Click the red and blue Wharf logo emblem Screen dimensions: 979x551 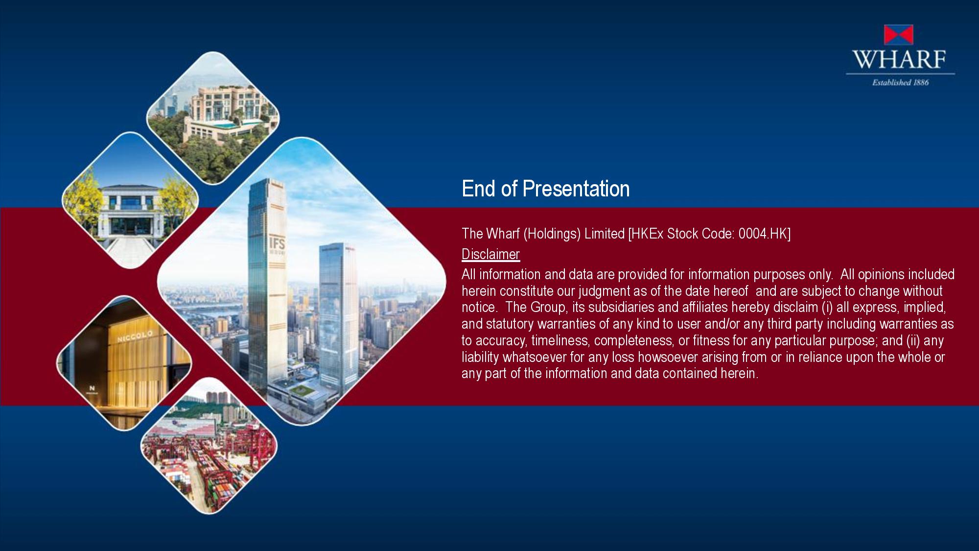point(898,35)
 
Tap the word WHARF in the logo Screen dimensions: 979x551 point(900,59)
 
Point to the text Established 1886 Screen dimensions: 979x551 point(900,82)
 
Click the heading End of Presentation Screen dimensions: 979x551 point(545,189)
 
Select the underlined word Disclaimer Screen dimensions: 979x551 point(490,254)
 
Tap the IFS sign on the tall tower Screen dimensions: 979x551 point(277,244)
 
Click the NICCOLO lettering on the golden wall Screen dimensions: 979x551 point(135,336)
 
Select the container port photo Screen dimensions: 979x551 point(209,446)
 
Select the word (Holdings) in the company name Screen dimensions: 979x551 point(552,234)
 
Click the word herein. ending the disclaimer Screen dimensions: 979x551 point(739,373)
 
